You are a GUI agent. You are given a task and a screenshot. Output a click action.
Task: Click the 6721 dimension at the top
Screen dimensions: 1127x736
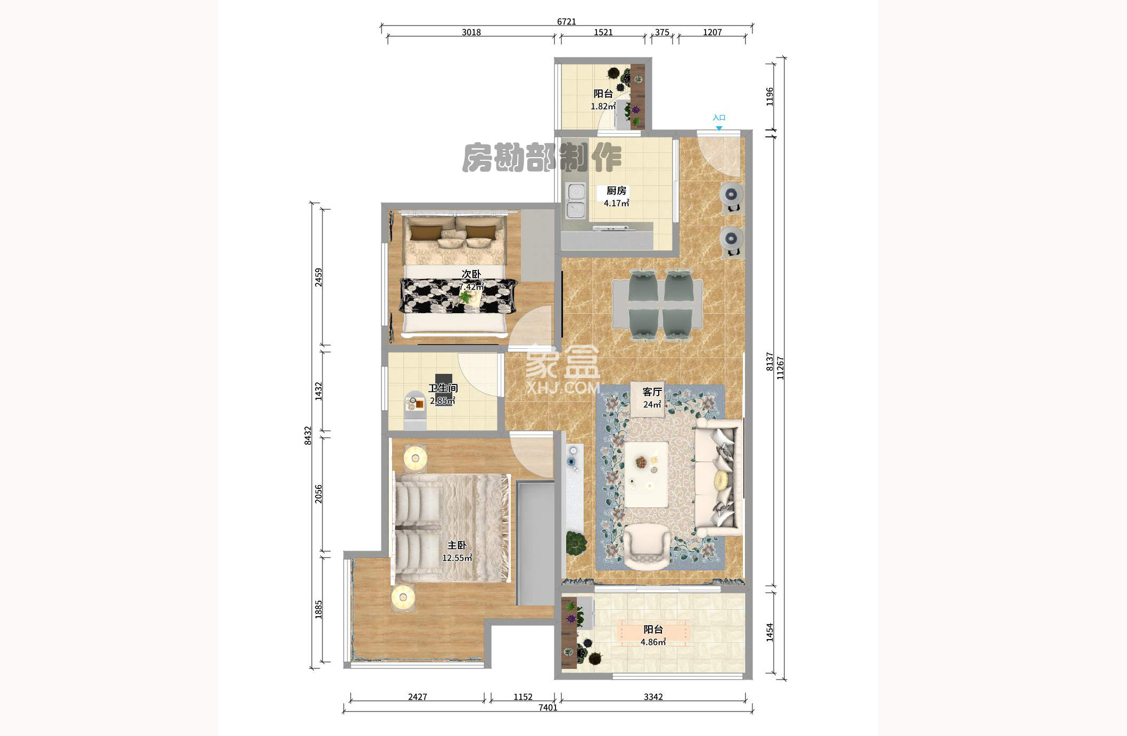tap(566, 21)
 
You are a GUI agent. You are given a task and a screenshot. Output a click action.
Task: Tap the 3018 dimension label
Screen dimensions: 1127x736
tap(471, 32)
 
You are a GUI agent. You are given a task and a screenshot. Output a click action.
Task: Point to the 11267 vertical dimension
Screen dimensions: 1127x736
tap(780, 367)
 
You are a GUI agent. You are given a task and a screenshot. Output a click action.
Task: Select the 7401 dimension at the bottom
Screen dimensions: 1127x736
tap(548, 707)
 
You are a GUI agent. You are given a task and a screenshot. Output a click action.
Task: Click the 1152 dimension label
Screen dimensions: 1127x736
tap(523, 697)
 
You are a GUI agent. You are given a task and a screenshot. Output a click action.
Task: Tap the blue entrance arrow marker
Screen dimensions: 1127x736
tap(719, 128)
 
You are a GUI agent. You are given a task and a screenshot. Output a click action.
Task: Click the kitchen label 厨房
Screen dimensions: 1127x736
tap(616, 190)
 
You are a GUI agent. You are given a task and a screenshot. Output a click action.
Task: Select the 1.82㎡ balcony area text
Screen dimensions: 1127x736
tap(603, 106)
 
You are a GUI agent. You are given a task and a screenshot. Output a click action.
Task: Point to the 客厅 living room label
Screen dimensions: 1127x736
tap(652, 391)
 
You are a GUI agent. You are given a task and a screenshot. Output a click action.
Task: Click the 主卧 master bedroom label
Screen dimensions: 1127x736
tap(457, 545)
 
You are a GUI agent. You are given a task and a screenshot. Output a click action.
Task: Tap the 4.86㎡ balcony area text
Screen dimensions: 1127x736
tap(653, 642)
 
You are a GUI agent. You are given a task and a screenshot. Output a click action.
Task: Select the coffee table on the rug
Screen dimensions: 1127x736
tap(646, 474)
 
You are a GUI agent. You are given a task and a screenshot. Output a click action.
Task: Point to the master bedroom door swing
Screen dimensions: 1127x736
tap(532, 454)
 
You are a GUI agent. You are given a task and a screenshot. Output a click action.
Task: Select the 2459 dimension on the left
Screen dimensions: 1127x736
tap(318, 277)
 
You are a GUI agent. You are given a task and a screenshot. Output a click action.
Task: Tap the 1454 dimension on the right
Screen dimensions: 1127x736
tap(769, 632)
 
